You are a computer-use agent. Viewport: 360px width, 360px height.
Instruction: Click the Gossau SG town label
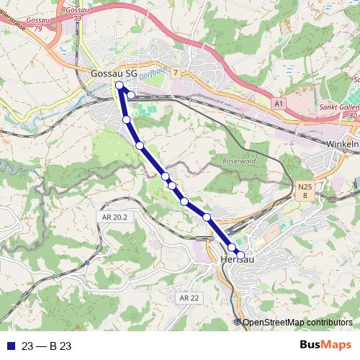click(x=114, y=73)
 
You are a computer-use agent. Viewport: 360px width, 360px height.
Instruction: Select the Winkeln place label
click(x=343, y=144)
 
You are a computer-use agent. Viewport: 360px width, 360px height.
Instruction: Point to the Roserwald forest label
click(x=240, y=161)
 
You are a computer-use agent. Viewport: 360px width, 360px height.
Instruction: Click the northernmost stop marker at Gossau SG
click(x=120, y=86)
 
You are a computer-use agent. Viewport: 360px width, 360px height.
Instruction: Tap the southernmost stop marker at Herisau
click(x=241, y=253)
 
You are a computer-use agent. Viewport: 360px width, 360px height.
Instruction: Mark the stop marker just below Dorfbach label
click(x=131, y=94)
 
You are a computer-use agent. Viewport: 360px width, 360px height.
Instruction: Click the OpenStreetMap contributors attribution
click(x=297, y=323)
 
